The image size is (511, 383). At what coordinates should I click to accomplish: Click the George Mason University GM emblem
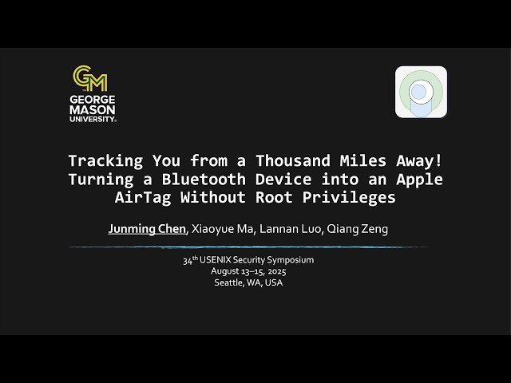[x=90, y=78]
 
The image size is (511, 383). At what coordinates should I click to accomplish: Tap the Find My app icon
[x=421, y=92]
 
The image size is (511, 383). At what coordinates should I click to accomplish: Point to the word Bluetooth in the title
[x=204, y=179]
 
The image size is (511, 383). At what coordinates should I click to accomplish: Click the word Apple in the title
[x=420, y=179]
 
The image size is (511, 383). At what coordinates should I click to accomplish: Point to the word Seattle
[x=231, y=282]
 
